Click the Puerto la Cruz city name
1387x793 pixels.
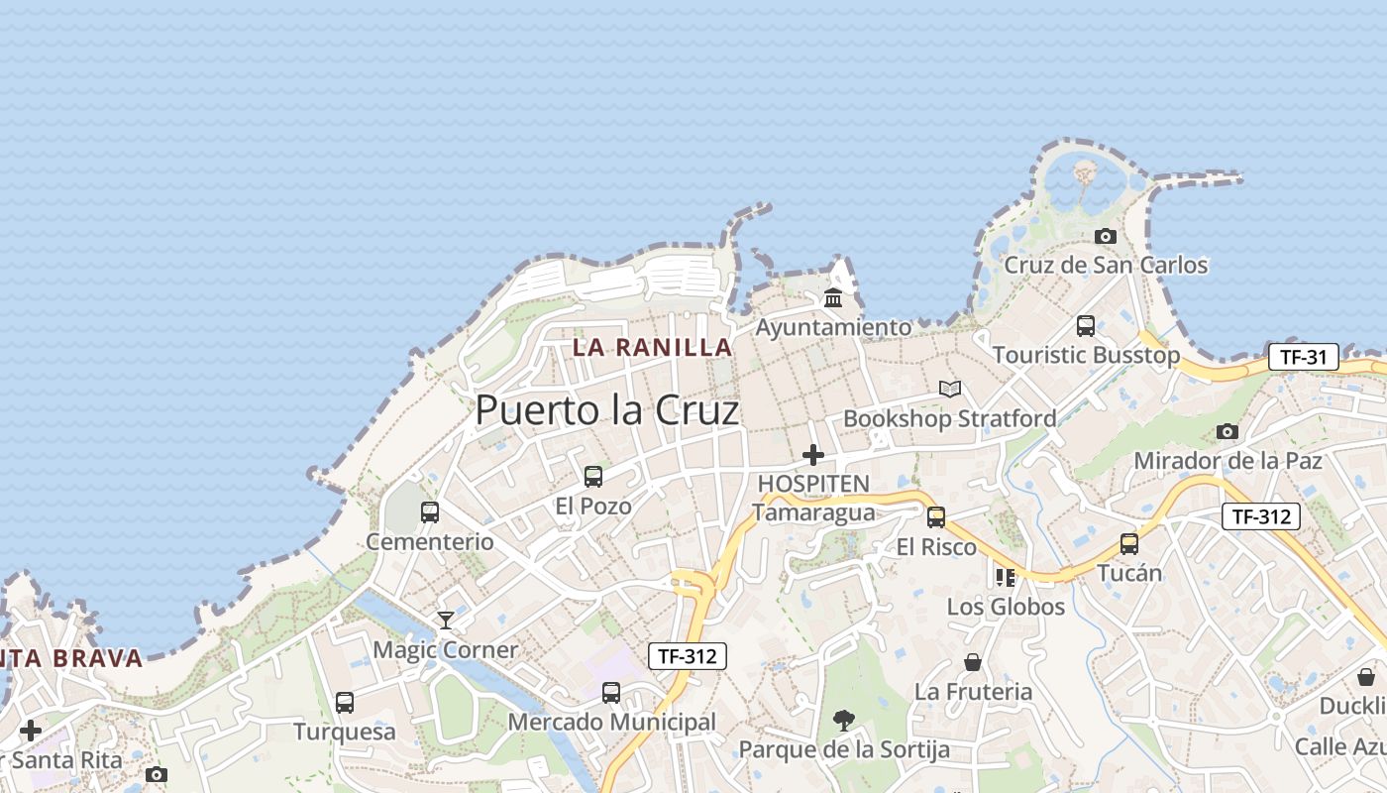pyautogui.click(x=607, y=410)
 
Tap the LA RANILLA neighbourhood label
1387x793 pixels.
pyautogui.click(x=653, y=348)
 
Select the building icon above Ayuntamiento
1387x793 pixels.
pyautogui.click(x=833, y=297)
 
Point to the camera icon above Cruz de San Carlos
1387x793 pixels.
pyautogui.click(x=1106, y=236)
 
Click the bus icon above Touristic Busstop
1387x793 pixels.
pyautogui.click(x=1086, y=325)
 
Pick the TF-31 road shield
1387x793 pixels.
pyautogui.click(x=1303, y=357)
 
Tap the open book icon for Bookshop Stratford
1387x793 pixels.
pyautogui.click(x=950, y=390)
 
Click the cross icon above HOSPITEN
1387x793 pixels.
pyautogui.click(x=813, y=455)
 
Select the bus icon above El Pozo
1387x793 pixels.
pyautogui.click(x=593, y=477)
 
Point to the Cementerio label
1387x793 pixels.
pyautogui.click(x=430, y=542)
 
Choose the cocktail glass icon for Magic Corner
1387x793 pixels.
pyautogui.click(x=446, y=621)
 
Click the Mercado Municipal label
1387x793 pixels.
pyautogui.click(x=611, y=723)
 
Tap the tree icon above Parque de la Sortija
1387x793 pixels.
pyautogui.click(x=844, y=720)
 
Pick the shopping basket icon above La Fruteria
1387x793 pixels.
pyautogui.click(x=973, y=662)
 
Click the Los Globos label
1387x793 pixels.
pyautogui.click(x=1006, y=607)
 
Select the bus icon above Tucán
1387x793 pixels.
pyautogui.click(x=1129, y=543)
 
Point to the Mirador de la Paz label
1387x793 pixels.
pyautogui.click(x=1227, y=461)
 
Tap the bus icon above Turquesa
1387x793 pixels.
pyautogui.click(x=345, y=703)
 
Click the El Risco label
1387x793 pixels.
pyautogui.click(x=936, y=547)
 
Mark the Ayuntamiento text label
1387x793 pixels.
pyautogui.click(x=833, y=327)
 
